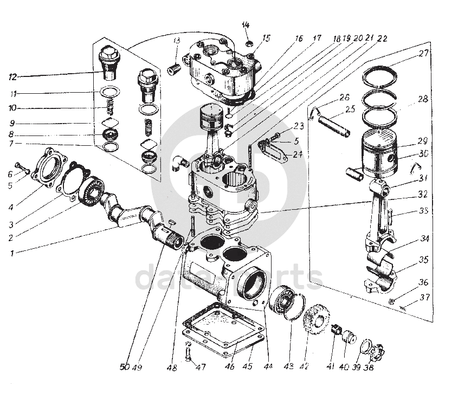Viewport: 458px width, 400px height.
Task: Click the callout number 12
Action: (12, 75)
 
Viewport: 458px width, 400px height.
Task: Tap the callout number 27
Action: (423, 54)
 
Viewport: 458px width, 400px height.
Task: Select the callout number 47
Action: (201, 367)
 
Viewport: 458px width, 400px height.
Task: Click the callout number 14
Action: (246, 25)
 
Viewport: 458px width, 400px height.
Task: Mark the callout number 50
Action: (125, 367)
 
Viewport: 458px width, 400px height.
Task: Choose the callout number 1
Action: (12, 252)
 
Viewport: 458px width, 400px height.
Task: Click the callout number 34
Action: (424, 238)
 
